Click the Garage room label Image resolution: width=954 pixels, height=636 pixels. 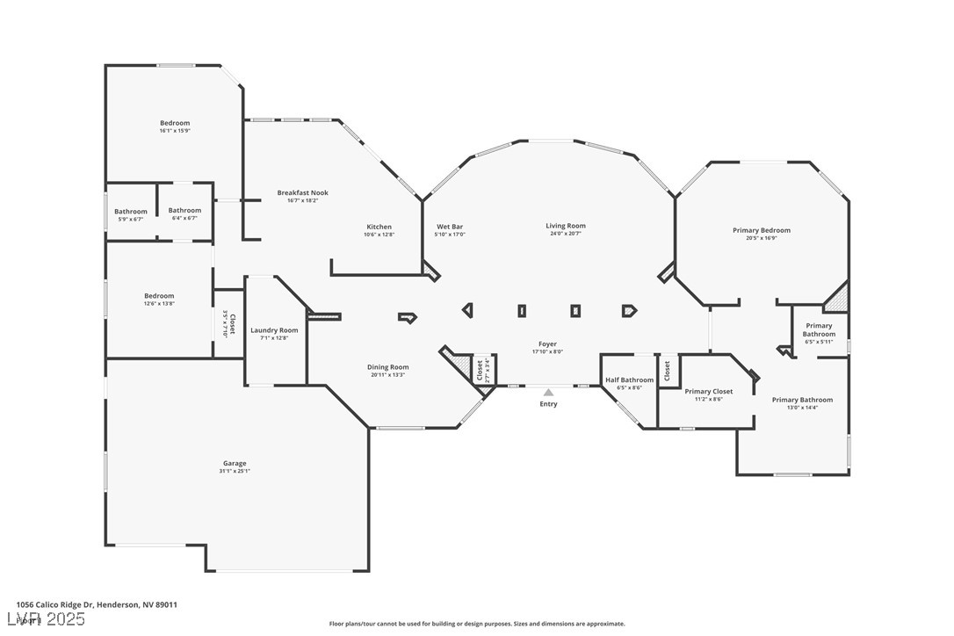point(235,463)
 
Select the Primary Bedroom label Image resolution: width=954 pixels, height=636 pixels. point(762,230)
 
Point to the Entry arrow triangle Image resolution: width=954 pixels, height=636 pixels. point(548,393)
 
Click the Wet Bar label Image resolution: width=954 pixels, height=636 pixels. point(450,227)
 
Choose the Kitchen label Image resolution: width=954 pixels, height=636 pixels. point(379,227)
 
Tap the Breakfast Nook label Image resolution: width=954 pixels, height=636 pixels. point(302,192)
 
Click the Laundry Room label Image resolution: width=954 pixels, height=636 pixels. point(274,330)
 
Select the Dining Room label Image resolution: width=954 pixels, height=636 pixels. point(387,367)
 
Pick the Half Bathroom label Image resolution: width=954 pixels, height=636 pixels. point(629,379)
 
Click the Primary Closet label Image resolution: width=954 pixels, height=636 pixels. point(708,391)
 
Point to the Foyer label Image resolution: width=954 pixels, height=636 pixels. point(547,343)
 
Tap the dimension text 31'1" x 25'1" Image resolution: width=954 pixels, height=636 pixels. point(235,471)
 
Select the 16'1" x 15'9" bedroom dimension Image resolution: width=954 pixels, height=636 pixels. point(175,131)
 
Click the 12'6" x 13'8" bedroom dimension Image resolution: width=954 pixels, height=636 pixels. point(159,304)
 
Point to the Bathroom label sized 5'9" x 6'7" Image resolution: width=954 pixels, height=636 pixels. point(131,211)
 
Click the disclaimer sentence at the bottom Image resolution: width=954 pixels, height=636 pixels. point(477,624)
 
